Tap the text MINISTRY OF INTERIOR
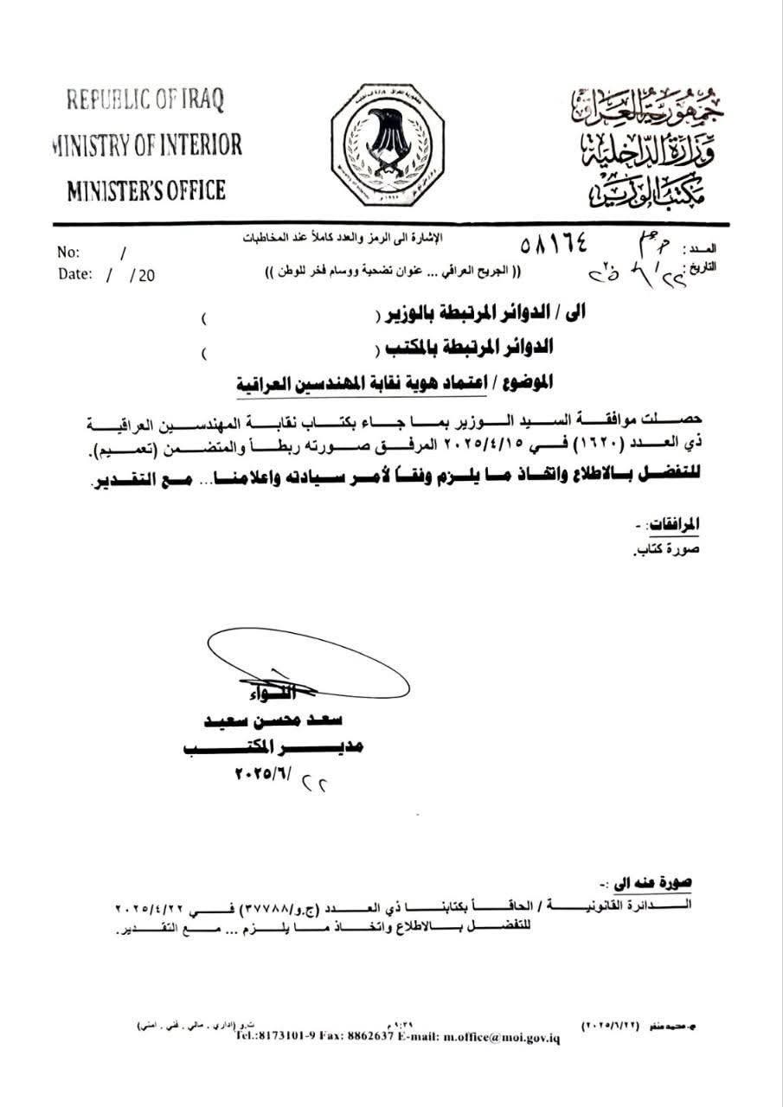146,144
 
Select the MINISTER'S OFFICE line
146,189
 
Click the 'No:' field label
68,253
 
